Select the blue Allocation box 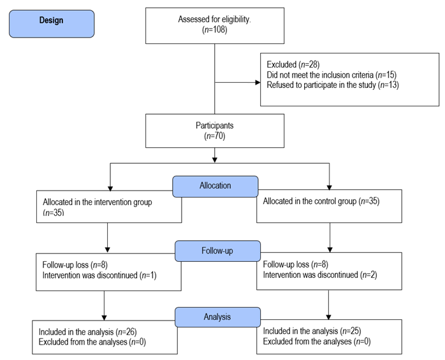[x=215, y=185]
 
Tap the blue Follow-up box [x=217, y=250]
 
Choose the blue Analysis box [x=217, y=316]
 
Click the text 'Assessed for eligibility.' [x=214, y=19]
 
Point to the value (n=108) [x=214, y=29]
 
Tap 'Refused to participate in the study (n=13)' [x=333, y=85]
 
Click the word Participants [x=215, y=125]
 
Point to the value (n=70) [x=215, y=135]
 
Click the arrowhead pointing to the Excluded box [x=256, y=82]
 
